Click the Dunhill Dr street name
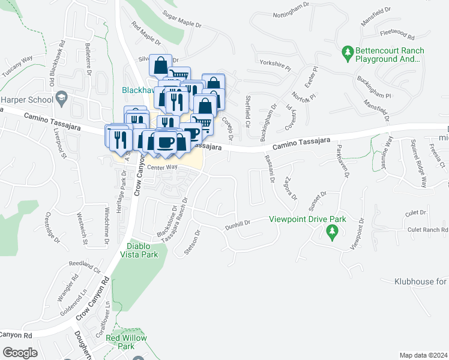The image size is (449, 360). pos(237,224)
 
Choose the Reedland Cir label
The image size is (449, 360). pos(83,263)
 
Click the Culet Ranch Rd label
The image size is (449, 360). pos(427,230)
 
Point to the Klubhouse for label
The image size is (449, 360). pos(421,281)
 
